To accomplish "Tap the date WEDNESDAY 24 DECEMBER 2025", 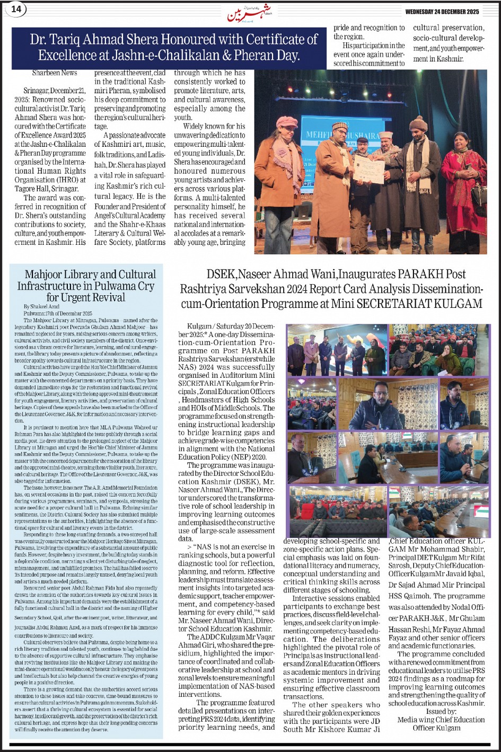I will [442, 12].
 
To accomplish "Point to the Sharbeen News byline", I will [54, 73].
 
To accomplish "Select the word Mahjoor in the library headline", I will [45, 275].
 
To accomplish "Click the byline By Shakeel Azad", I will [41, 306].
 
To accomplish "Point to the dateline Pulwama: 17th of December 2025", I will [58, 313].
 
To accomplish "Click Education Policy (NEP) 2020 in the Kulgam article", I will [222, 457].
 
